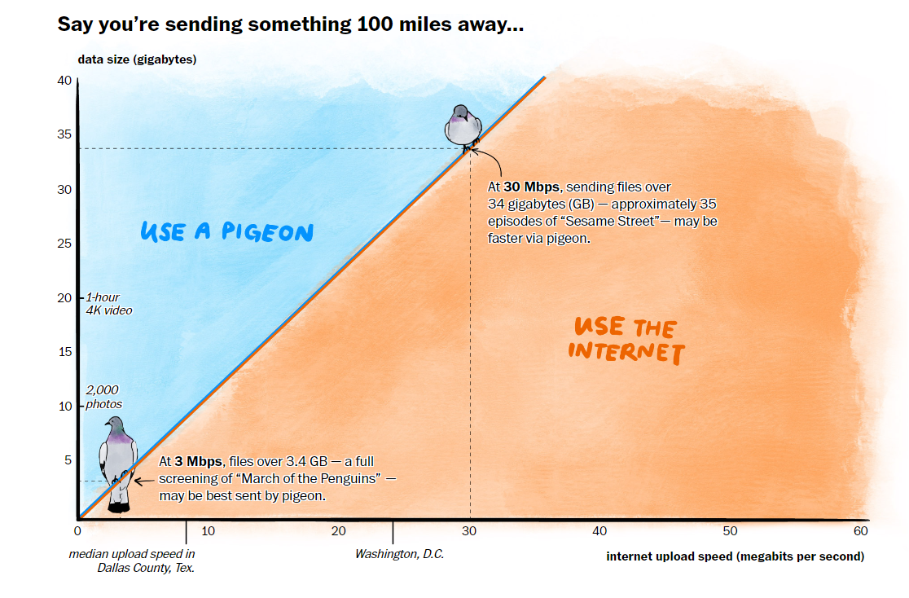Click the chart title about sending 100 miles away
pyautogui.click(x=290, y=24)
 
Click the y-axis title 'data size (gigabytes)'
pyautogui.click(x=137, y=59)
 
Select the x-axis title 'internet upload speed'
pyautogui.click(x=735, y=556)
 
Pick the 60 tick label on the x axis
pyautogui.click(x=861, y=531)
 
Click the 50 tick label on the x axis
pyautogui.click(x=731, y=531)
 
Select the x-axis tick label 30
pyautogui.click(x=469, y=531)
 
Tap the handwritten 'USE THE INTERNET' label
pyautogui.click(x=627, y=339)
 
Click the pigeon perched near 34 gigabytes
pyautogui.click(x=463, y=126)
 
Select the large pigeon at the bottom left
pyautogui.click(x=118, y=460)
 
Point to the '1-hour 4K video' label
pyautogui.click(x=108, y=304)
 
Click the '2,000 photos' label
pyautogui.click(x=103, y=398)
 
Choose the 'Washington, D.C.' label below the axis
pyautogui.click(x=393, y=554)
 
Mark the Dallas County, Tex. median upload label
pyautogui.click(x=132, y=561)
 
